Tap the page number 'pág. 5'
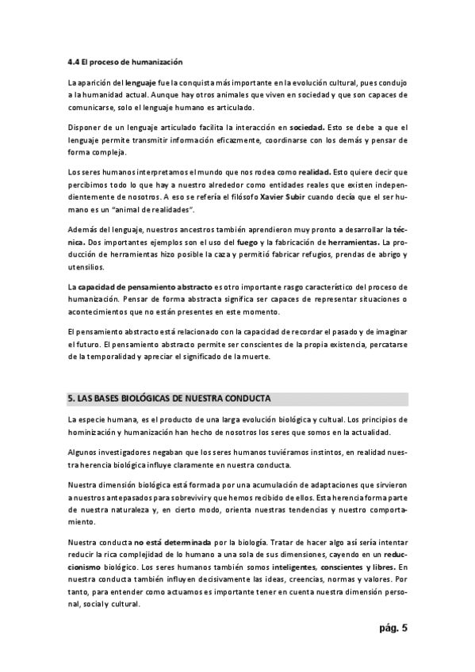[x=392, y=629]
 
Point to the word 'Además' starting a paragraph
[x=84, y=230]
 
